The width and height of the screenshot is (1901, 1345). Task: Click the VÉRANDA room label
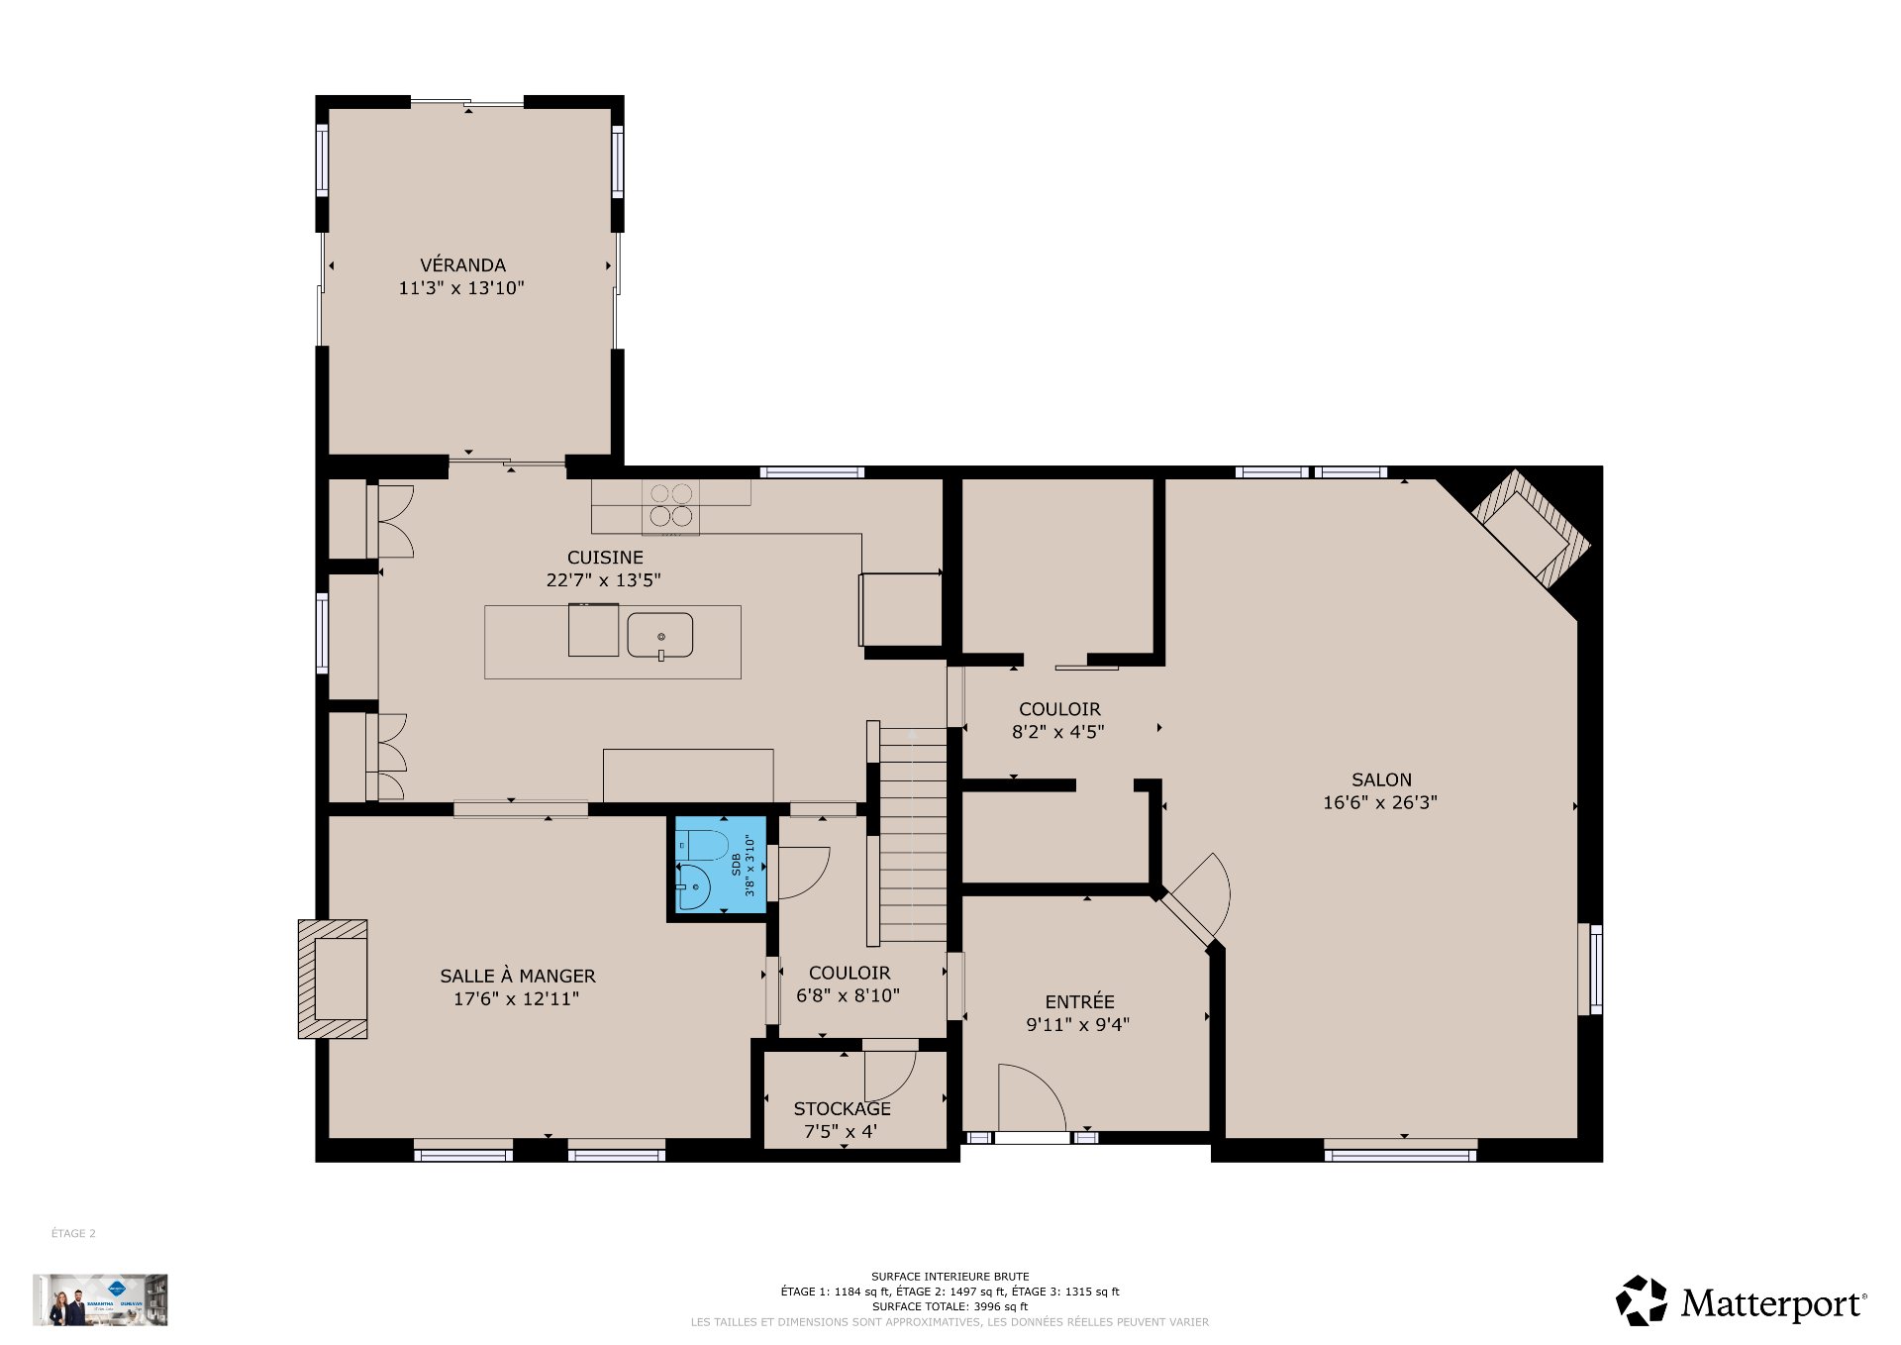coord(462,265)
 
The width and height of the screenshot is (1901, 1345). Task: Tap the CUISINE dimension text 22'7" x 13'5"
coord(603,580)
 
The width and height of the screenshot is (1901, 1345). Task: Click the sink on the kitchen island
coord(659,635)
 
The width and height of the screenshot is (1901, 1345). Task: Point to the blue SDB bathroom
coord(720,865)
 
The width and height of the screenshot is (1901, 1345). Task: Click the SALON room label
coord(1381,780)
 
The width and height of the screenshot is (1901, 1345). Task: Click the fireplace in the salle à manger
coord(334,979)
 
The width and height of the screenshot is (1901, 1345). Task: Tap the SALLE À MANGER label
coord(517,977)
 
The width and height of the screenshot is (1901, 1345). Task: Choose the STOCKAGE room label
coord(842,1109)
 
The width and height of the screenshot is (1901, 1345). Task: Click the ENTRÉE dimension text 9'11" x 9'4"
coord(1077,1025)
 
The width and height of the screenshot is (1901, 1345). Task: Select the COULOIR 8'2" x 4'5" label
coord(1059,709)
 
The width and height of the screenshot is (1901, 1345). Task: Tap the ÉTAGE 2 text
coord(73,1234)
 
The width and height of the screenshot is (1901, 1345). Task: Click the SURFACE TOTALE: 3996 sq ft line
coord(950,1306)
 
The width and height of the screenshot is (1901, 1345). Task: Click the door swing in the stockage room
coord(887,1074)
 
